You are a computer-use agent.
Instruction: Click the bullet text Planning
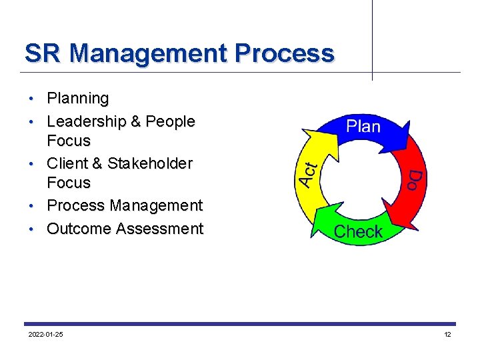tap(77, 99)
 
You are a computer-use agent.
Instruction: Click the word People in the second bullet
tap(170, 121)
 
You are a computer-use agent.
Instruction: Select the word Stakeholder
tap(150, 163)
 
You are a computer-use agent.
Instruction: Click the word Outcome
tap(79, 229)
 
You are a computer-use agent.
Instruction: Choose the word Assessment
tap(159, 229)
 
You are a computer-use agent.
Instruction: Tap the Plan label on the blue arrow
tap(363, 127)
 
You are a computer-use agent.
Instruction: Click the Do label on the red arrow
tap(414, 179)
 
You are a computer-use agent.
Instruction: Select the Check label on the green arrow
tap(358, 232)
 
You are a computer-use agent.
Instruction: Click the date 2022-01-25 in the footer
tap(46, 334)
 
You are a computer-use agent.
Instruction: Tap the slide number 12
tap(447, 334)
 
